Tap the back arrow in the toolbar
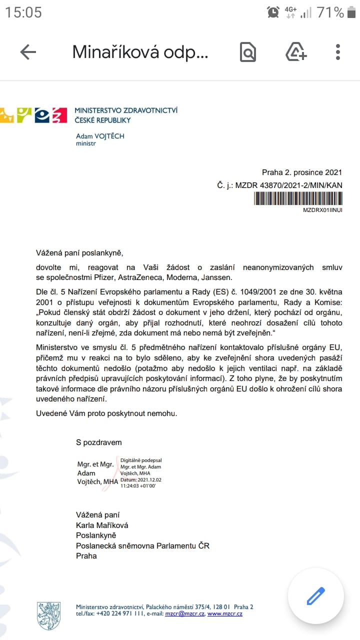click(28, 52)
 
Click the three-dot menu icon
click(338, 52)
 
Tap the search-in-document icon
click(248, 52)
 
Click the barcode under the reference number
click(298, 198)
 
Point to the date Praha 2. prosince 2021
click(302, 172)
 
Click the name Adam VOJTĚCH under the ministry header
click(100, 136)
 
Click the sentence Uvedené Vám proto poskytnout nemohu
click(106, 413)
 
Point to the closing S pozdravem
click(98, 442)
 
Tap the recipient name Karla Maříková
click(101, 525)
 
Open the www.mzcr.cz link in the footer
click(225, 613)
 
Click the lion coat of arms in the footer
click(48, 615)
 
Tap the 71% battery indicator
click(330, 12)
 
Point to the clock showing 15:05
click(23, 12)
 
